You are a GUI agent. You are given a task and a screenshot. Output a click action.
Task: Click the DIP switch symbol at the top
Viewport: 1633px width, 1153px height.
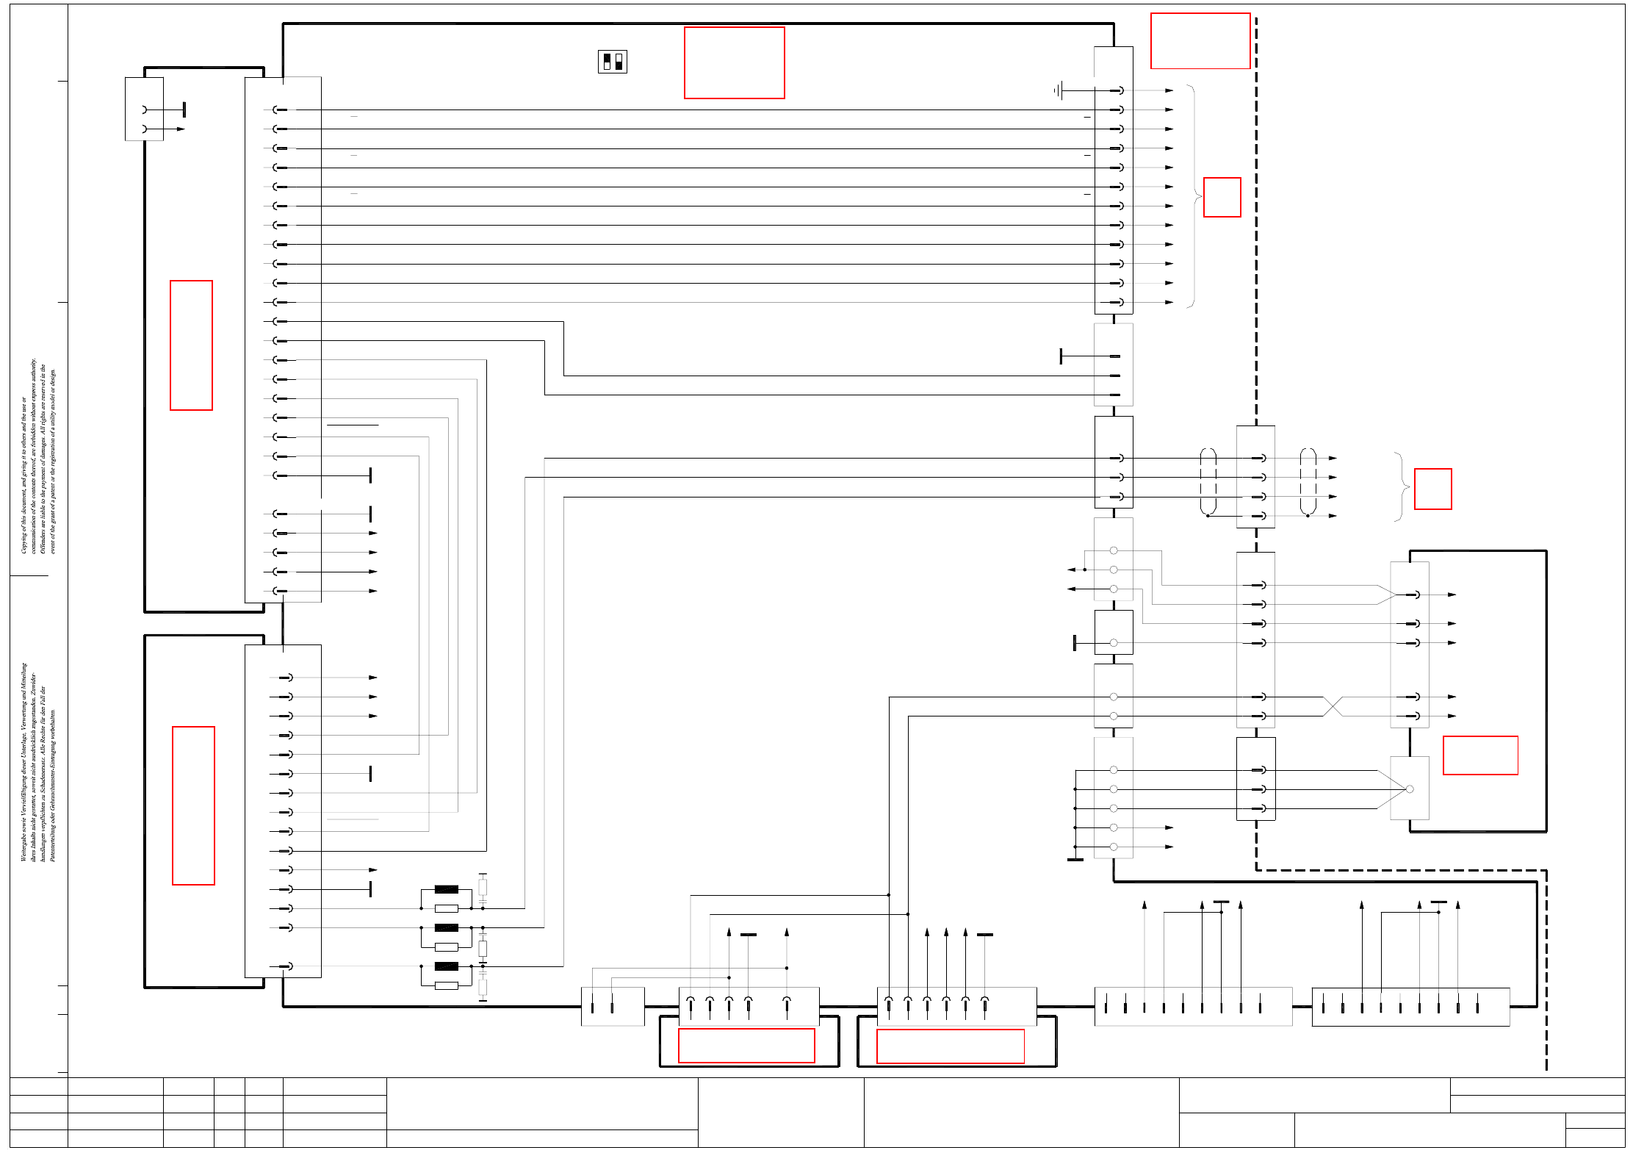(612, 62)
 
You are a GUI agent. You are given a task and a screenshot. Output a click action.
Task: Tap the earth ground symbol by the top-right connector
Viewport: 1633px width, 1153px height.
(1057, 90)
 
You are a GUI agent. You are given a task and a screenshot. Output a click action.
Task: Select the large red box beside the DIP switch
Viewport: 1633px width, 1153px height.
(734, 62)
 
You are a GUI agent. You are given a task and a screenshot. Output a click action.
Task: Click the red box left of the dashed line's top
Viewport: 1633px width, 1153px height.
(1200, 40)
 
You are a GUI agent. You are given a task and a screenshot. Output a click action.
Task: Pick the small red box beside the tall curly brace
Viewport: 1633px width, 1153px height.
(1222, 197)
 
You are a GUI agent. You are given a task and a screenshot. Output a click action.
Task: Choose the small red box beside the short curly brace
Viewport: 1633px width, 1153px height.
(1432, 489)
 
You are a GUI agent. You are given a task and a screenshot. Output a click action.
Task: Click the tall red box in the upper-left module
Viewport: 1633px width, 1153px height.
(191, 345)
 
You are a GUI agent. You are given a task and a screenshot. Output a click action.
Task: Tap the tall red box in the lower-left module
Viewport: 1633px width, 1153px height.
(193, 805)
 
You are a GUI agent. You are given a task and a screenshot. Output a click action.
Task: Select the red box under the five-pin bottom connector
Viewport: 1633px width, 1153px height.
(746, 1045)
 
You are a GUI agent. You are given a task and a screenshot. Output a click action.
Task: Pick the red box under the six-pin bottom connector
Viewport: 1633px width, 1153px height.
(950, 1046)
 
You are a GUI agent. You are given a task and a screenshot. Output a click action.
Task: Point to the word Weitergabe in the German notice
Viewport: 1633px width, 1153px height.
(24, 846)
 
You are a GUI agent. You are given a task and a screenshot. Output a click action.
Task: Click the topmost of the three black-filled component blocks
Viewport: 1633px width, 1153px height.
(446, 889)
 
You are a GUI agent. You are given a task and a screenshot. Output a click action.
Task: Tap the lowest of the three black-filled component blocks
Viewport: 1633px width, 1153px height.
(446, 966)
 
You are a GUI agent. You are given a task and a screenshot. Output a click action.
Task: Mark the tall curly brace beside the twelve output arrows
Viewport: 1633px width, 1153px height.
(1192, 196)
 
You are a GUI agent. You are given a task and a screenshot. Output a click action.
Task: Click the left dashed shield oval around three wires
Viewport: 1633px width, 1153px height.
(1208, 481)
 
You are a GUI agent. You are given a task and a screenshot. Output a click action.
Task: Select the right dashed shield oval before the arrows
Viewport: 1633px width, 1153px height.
(1308, 481)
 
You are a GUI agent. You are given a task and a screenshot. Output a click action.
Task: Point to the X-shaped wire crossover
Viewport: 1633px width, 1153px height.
(1333, 706)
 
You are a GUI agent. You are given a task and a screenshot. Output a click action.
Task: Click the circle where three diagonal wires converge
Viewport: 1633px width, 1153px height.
(1409, 789)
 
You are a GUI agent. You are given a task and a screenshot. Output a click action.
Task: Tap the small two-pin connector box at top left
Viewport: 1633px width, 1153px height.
(144, 109)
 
